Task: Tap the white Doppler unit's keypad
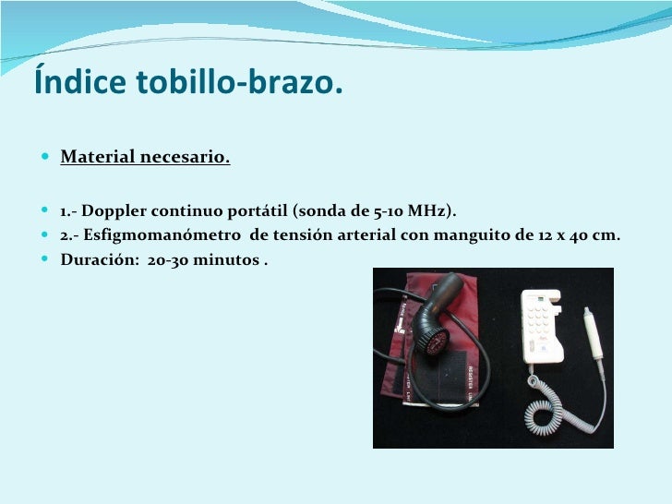point(536,323)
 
